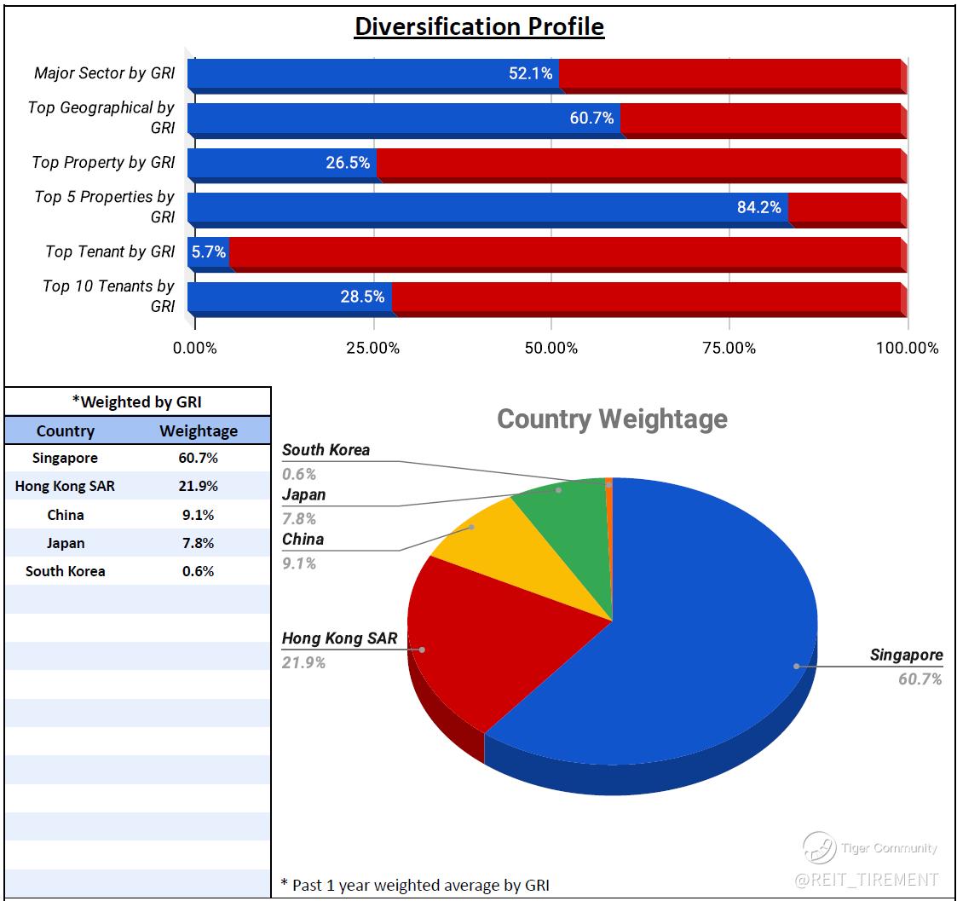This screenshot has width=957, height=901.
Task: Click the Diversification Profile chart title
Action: point(479,26)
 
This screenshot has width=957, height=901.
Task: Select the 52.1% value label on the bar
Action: point(530,73)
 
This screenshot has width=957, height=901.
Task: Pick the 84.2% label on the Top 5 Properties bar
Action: point(758,207)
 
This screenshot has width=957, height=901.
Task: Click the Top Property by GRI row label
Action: point(103,162)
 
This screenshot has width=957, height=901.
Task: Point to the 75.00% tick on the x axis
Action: point(729,348)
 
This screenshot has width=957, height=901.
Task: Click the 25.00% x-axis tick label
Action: point(373,348)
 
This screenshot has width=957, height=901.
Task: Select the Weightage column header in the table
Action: point(199,430)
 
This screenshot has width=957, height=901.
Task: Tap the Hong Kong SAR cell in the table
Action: point(65,486)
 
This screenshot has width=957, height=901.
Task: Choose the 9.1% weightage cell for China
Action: point(199,515)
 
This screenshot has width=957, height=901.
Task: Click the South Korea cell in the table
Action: point(65,571)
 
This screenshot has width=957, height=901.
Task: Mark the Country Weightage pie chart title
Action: point(612,419)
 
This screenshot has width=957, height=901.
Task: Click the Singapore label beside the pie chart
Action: point(906,656)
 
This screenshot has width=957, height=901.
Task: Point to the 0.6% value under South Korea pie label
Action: point(299,474)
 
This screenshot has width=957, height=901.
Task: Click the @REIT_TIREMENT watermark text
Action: point(866,879)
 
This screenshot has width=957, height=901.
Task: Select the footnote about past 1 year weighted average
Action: point(415,885)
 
